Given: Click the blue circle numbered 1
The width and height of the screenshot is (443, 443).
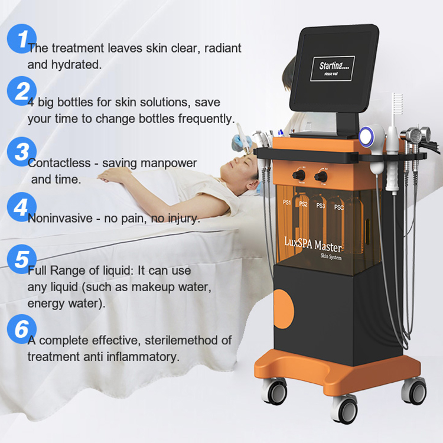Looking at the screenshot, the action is [22, 39].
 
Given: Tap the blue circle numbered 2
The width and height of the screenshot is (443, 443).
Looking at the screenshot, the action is [22, 91].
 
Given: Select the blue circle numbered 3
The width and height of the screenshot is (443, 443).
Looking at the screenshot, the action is [22, 152].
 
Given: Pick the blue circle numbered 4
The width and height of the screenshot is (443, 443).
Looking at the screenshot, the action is [22, 207].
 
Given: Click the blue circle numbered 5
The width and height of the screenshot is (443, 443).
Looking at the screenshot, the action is [22, 259].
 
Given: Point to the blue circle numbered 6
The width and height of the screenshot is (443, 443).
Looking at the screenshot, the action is [22, 329].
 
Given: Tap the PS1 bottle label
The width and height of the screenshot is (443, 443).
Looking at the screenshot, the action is [286, 202].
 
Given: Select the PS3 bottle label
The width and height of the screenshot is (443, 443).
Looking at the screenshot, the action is [321, 206].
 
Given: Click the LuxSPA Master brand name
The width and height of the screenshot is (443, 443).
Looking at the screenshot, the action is [312, 245].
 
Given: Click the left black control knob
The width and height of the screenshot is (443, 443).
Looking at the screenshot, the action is [298, 175].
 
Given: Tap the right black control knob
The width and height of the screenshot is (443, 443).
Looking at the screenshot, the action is [321, 177].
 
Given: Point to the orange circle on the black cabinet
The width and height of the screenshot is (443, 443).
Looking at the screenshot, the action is [284, 309].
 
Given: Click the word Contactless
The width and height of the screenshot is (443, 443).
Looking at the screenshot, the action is [59, 163].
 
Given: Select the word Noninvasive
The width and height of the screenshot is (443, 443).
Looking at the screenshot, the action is [60, 219].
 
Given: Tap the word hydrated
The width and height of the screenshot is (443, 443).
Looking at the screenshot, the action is [76, 65].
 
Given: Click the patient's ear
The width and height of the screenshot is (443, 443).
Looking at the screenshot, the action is [253, 185].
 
